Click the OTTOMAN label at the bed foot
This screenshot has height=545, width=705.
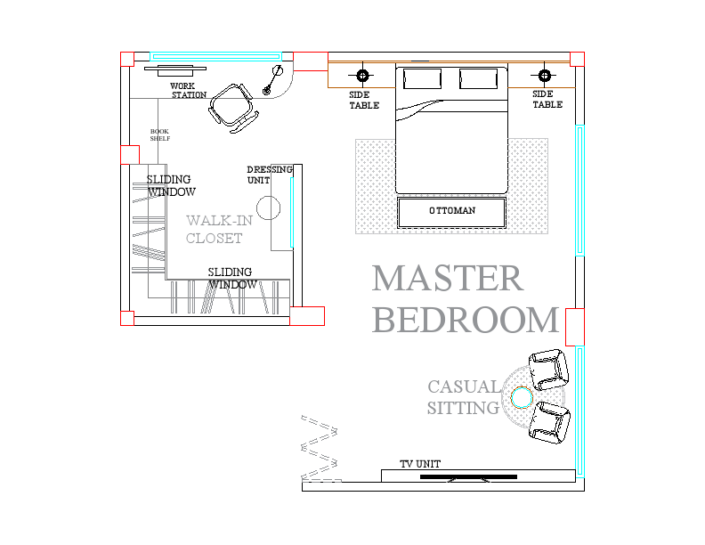pyautogui.click(x=451, y=211)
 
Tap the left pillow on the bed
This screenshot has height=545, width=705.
pyautogui.click(x=422, y=79)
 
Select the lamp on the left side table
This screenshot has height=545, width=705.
pyautogui.click(x=362, y=75)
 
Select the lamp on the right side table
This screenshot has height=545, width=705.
pyautogui.click(x=546, y=75)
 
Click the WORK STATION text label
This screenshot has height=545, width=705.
pyautogui.click(x=188, y=91)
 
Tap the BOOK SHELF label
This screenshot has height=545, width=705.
pyautogui.click(x=159, y=134)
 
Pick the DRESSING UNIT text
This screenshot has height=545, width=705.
pyautogui.click(x=269, y=175)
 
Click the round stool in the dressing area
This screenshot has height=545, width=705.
pyautogui.click(x=269, y=209)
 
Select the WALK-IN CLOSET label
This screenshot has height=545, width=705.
pyautogui.click(x=217, y=229)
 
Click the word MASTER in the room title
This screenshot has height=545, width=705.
pyautogui.click(x=447, y=279)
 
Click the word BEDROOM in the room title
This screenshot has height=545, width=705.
pyautogui.click(x=465, y=319)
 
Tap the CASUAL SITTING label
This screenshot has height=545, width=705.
pyautogui.click(x=464, y=397)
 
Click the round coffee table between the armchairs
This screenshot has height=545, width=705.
pyautogui.click(x=521, y=395)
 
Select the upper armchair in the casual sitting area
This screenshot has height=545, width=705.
pyautogui.click(x=547, y=368)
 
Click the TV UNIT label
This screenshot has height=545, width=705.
pyautogui.click(x=419, y=464)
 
